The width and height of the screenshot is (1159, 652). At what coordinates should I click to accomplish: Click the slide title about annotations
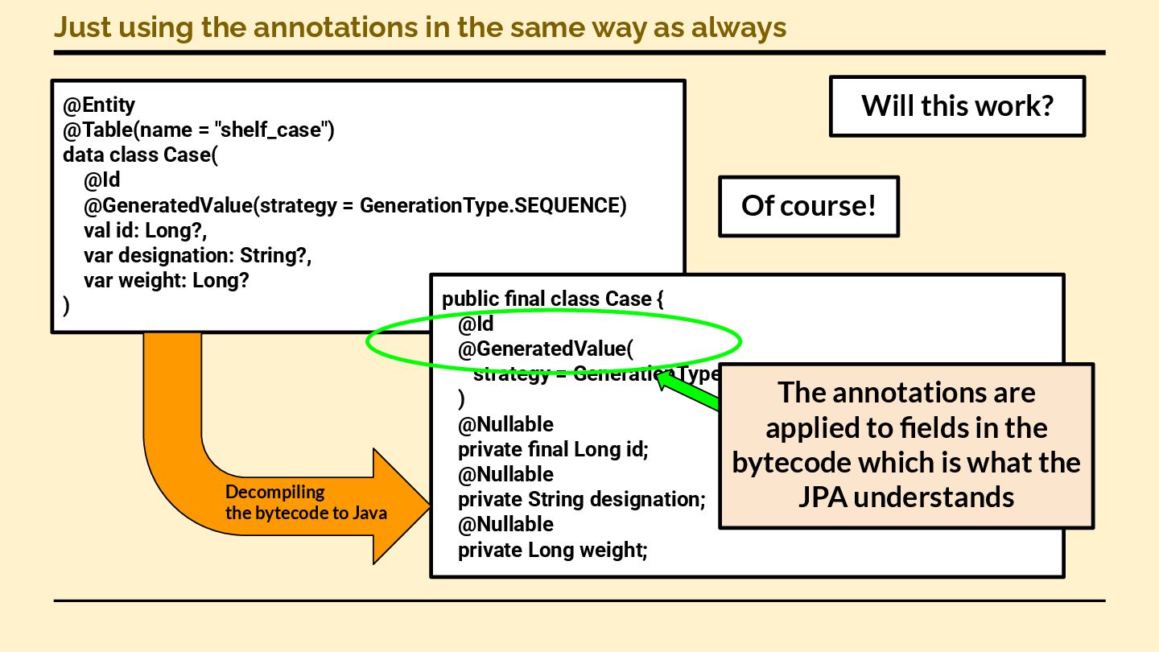[419, 27]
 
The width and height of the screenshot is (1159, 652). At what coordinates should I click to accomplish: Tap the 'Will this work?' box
[957, 105]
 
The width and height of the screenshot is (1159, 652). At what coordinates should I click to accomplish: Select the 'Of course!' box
[808, 206]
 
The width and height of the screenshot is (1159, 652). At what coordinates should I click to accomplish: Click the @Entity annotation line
[99, 105]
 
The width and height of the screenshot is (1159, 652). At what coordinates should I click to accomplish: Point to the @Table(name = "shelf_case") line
[198, 130]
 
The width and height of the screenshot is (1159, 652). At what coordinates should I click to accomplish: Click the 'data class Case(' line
[141, 155]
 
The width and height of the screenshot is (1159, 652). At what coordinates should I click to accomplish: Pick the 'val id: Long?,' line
[146, 230]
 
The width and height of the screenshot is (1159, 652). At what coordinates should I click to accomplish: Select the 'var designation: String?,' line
[197, 255]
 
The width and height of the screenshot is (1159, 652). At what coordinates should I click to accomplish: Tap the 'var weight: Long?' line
[167, 280]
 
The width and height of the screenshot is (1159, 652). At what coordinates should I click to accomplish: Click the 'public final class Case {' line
[552, 299]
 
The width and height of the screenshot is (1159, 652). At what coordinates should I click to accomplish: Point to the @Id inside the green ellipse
[476, 324]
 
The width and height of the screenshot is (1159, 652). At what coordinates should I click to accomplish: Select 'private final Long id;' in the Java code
[553, 449]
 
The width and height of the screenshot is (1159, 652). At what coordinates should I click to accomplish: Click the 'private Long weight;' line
[552, 550]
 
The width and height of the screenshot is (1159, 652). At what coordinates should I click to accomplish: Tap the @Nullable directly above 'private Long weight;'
[505, 524]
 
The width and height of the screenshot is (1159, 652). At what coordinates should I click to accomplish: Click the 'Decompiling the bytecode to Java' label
[306, 502]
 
